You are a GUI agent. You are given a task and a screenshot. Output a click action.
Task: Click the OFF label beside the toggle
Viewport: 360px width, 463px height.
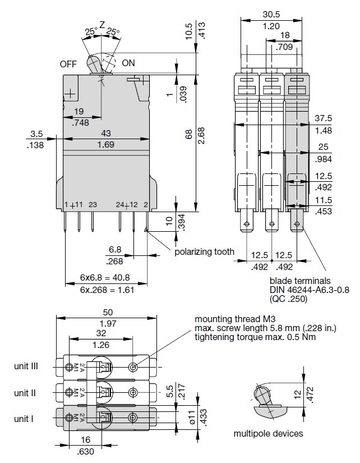[x=68, y=63]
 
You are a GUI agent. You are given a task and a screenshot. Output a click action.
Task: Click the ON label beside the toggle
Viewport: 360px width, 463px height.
[x=128, y=63]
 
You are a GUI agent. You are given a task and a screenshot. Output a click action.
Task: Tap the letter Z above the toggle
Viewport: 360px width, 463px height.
[x=102, y=25]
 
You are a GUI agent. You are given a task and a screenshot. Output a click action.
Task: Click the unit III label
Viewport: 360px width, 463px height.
[x=26, y=366]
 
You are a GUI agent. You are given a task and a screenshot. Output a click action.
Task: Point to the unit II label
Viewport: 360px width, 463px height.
[x=27, y=392]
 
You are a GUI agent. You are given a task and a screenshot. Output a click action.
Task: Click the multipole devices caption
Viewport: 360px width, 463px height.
[x=268, y=433]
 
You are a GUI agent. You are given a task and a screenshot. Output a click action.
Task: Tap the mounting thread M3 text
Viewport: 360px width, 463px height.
[x=232, y=319]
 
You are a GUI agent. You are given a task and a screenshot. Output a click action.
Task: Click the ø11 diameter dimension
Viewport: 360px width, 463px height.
[x=191, y=418]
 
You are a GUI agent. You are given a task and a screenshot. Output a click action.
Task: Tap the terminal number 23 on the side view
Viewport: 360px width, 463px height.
[x=93, y=204]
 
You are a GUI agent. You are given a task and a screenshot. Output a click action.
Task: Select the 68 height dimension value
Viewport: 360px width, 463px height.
[x=189, y=134]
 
